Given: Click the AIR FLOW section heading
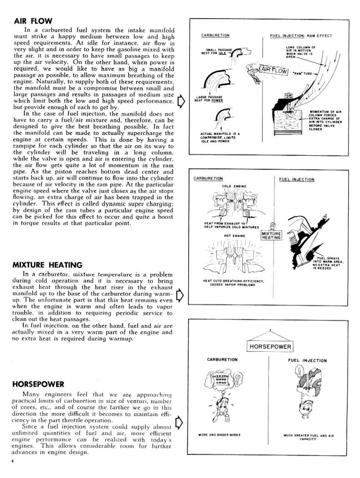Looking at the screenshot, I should [33, 21].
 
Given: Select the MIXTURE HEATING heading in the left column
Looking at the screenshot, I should [47, 265].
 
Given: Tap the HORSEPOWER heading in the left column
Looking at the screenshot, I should [38, 384].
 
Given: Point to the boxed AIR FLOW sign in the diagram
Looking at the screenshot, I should [272, 70].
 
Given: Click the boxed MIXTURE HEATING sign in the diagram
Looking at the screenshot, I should [271, 236].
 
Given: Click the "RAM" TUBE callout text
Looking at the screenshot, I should [302, 73].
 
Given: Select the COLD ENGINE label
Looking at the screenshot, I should [234, 186].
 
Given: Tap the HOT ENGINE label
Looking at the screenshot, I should [234, 236].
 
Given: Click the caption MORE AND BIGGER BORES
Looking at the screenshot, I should [220, 435].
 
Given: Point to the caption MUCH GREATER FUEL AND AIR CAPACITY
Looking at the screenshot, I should [309, 437].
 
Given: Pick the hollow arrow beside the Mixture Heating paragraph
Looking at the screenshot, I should [180, 295].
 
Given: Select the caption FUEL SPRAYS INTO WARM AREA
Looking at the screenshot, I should [328, 263].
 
